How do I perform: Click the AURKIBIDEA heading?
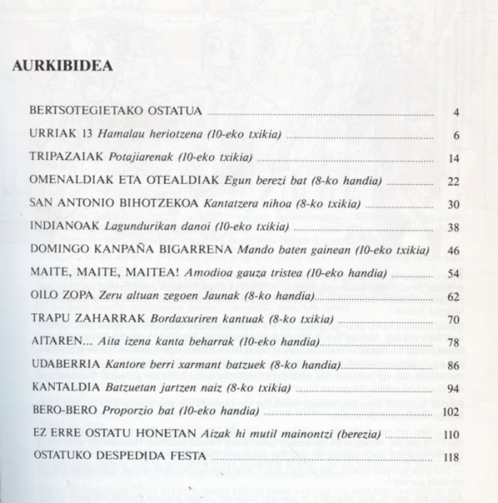tap(63, 67)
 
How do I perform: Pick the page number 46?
tap(452, 250)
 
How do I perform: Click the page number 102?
tap(451, 411)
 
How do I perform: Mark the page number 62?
tap(452, 296)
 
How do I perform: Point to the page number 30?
tap(452, 204)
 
